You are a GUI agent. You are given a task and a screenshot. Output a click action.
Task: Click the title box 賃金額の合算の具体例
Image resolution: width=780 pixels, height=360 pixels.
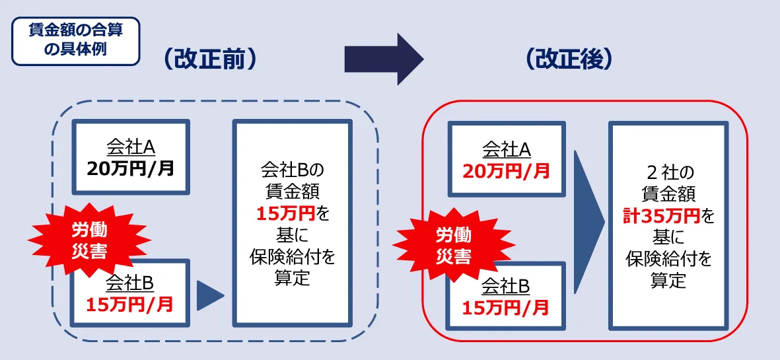pos(75,40)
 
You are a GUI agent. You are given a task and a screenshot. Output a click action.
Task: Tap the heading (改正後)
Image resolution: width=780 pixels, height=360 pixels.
pos(570,59)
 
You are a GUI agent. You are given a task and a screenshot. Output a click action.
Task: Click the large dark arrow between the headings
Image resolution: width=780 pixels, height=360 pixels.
pos(383,59)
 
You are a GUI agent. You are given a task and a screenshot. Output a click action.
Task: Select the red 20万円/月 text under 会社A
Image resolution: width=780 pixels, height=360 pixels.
pos(506,171)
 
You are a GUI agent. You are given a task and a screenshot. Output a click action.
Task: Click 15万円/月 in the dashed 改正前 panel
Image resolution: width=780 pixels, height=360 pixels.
pos(130,304)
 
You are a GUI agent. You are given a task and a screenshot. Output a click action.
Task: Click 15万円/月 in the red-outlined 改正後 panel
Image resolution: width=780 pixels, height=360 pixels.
pos(506,307)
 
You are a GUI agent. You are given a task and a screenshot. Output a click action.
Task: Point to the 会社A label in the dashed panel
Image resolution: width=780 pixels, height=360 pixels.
pos(130,147)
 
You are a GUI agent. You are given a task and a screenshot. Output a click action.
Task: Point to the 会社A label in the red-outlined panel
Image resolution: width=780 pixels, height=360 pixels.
pos(506,150)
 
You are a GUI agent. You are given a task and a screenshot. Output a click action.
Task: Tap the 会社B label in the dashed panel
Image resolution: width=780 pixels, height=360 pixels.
pos(130,283)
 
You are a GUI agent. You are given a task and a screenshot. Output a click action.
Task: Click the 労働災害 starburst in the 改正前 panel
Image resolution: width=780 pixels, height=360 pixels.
pos(89,240)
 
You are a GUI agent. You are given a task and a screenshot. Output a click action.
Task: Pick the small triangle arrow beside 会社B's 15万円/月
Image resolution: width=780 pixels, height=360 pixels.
pos(210,296)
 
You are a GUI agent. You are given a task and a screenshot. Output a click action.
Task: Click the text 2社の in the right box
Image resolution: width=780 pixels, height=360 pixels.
pos(668,173)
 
